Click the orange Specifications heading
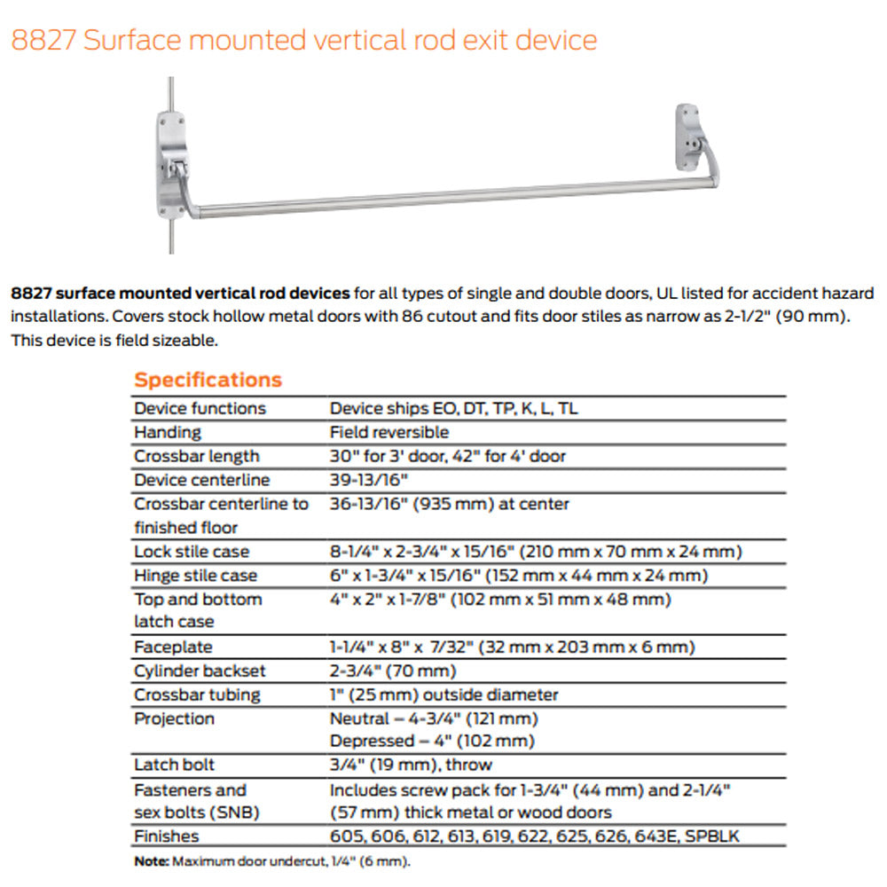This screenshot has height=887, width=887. [x=208, y=380]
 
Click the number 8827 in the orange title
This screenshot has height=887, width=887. [x=43, y=40]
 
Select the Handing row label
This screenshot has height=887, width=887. [x=168, y=432]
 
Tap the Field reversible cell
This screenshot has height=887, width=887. [x=389, y=432]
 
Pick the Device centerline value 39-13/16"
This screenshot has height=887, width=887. [x=371, y=480]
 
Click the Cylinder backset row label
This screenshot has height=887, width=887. [x=200, y=671]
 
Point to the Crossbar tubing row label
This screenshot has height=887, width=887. [x=197, y=695]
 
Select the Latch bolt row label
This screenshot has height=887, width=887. [x=175, y=765]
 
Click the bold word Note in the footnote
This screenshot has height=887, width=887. [x=151, y=860]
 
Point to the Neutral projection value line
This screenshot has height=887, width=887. [x=434, y=718]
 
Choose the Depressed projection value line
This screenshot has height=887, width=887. [x=432, y=741]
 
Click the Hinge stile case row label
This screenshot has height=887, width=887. [x=195, y=576]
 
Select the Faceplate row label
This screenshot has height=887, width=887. [x=173, y=647]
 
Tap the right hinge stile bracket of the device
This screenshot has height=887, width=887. [x=689, y=137]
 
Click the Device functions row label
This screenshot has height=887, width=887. [x=200, y=408]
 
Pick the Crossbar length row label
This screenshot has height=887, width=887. [x=197, y=456]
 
